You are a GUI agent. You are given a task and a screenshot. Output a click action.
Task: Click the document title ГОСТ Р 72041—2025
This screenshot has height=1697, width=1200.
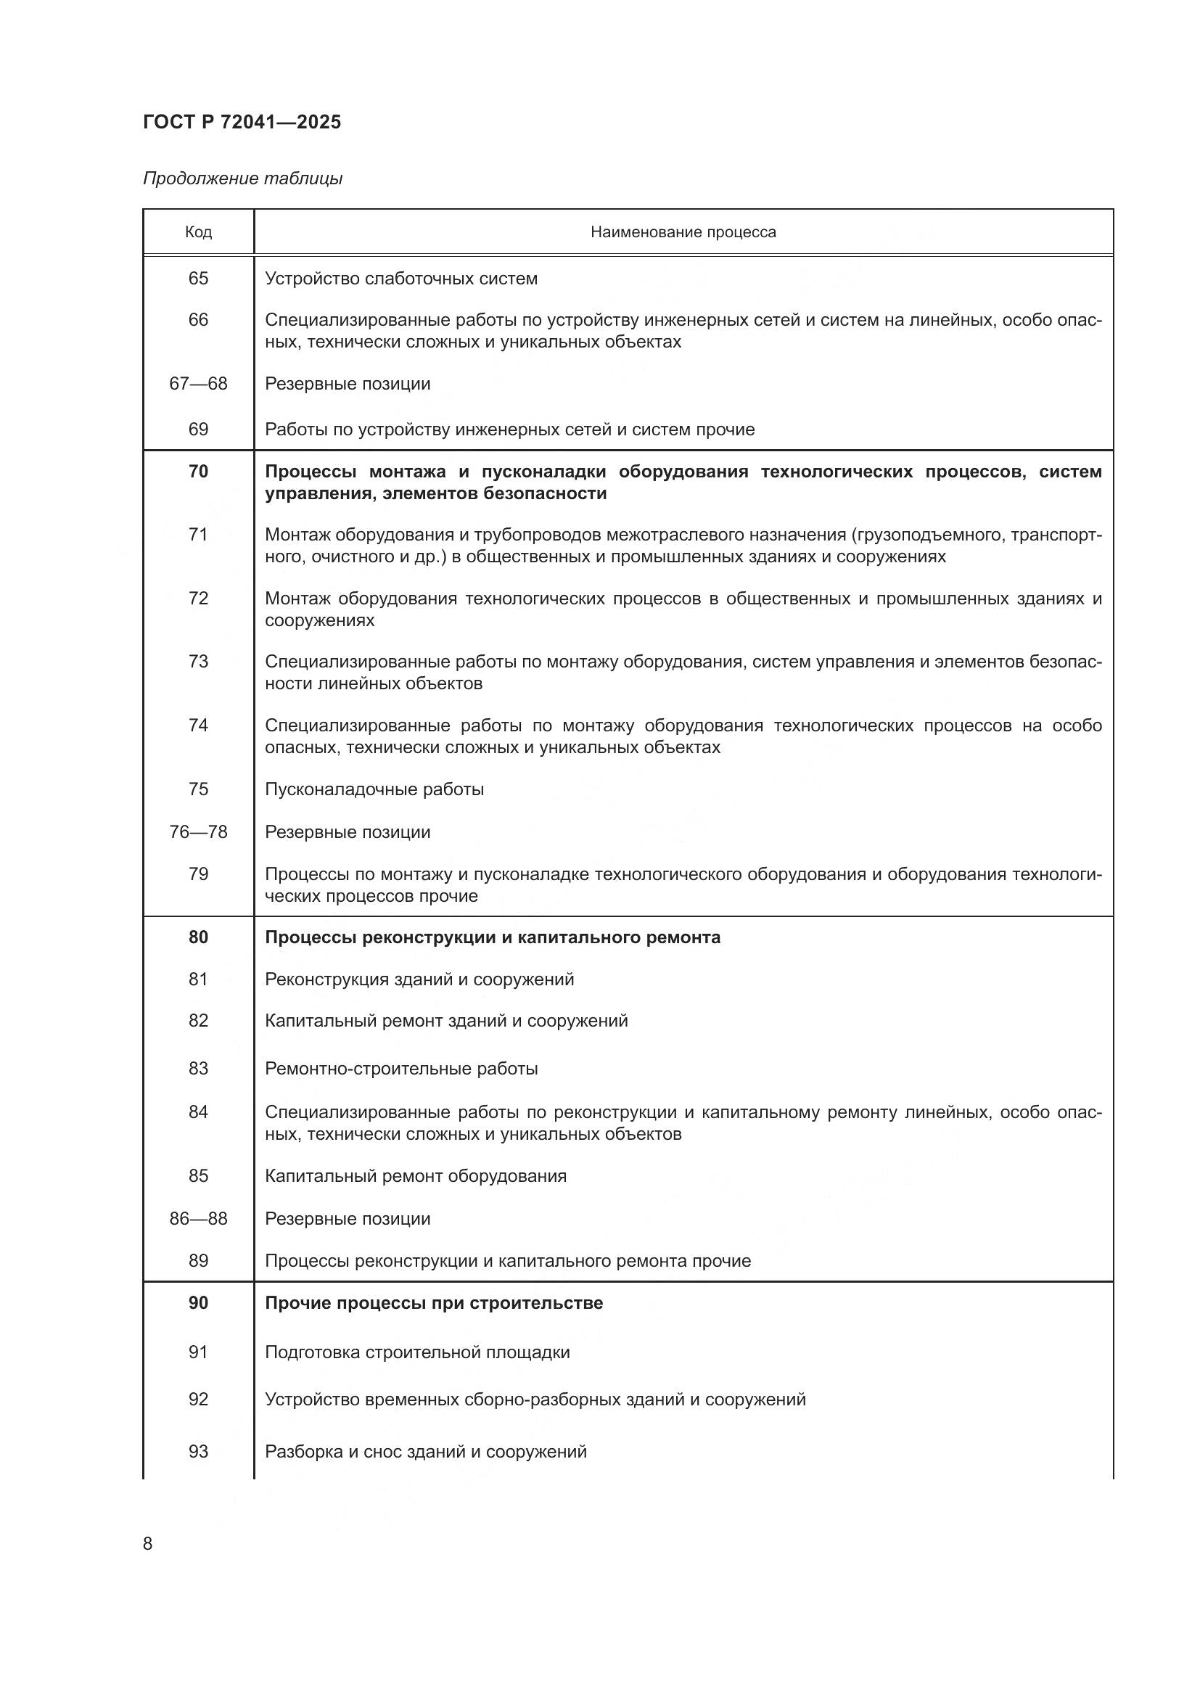tap(242, 122)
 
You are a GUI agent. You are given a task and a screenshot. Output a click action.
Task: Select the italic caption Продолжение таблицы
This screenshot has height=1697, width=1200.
tap(242, 178)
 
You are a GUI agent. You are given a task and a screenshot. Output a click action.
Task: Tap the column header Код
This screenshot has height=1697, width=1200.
tap(198, 232)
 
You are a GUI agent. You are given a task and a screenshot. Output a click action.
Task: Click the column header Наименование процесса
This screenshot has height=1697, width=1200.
tap(683, 232)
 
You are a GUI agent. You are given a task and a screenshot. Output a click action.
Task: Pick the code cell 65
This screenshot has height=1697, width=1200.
tap(198, 279)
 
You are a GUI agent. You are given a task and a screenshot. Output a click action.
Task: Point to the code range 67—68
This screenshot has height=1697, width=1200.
tap(198, 384)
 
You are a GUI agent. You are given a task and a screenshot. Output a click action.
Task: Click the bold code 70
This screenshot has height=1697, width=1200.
tap(198, 472)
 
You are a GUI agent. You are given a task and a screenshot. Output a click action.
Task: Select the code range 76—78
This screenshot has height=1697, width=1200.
tap(198, 832)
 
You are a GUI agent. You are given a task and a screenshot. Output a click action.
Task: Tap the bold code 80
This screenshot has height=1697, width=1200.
tap(198, 937)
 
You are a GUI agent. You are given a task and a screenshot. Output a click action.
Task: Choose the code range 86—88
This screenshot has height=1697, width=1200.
tap(198, 1219)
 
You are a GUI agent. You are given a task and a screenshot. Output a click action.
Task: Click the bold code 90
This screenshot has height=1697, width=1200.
tap(198, 1303)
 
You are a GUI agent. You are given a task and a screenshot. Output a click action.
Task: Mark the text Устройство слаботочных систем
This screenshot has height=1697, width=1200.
tap(401, 279)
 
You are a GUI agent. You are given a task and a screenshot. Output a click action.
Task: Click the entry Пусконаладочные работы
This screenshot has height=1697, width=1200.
tap(374, 789)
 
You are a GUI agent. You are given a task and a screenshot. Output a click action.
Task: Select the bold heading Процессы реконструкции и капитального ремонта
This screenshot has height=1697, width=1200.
tap(492, 937)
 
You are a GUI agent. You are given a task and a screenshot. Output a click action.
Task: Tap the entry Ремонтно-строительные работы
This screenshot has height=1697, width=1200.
tap(401, 1069)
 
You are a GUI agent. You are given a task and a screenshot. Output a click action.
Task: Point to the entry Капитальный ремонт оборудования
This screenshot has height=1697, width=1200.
tap(415, 1176)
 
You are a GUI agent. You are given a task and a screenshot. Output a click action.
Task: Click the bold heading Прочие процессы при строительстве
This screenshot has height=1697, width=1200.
tap(434, 1303)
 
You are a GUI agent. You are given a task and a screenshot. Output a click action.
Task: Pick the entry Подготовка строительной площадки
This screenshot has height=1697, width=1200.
tap(417, 1352)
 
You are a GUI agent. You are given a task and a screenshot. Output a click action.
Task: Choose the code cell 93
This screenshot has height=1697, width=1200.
tap(198, 1452)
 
